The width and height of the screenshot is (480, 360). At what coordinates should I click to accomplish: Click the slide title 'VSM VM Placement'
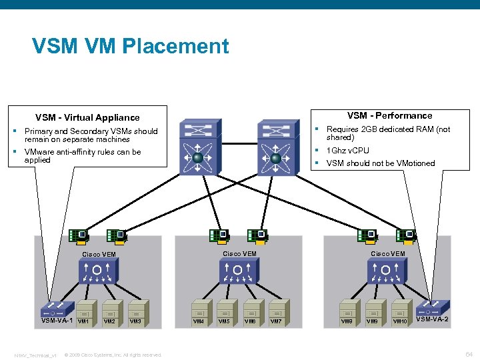click(130, 46)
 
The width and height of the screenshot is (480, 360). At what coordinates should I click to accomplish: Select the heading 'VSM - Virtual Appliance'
click(87, 117)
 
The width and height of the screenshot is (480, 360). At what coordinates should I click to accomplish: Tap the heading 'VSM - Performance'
click(389, 115)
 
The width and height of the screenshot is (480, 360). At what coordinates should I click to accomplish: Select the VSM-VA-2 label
click(432, 319)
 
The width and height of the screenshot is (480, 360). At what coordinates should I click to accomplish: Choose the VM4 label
click(199, 321)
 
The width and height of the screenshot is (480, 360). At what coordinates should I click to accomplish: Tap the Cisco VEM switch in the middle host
click(237, 271)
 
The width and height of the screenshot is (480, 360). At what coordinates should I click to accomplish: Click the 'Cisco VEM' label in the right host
click(387, 253)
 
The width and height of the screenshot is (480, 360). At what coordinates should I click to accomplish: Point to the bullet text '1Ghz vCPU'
click(347, 151)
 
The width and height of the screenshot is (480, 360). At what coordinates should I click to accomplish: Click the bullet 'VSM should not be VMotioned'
click(380, 163)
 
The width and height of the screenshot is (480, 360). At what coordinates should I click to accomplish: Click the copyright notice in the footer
click(113, 355)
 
